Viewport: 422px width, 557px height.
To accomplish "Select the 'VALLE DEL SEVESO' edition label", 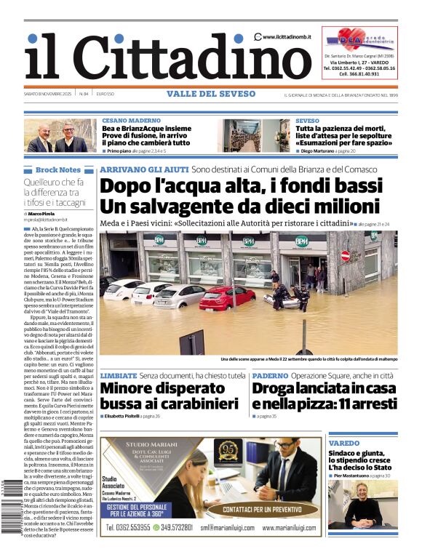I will tap(211, 94).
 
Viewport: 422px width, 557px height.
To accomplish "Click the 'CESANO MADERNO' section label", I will tap(132, 120).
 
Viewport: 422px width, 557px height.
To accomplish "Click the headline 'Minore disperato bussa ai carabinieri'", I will tap(170, 396).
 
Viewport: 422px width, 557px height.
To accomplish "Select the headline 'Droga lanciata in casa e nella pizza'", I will tap(322, 396).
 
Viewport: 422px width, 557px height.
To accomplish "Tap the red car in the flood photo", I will tap(227, 297).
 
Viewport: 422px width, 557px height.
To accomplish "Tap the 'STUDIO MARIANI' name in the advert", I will tap(148, 444).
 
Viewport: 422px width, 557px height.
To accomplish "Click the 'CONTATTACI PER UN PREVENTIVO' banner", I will tap(269, 510).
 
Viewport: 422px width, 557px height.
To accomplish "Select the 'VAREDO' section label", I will tap(343, 443).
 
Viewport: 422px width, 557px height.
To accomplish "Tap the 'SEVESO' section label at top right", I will tap(307, 120).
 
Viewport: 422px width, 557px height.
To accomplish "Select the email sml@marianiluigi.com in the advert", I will tap(226, 528).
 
